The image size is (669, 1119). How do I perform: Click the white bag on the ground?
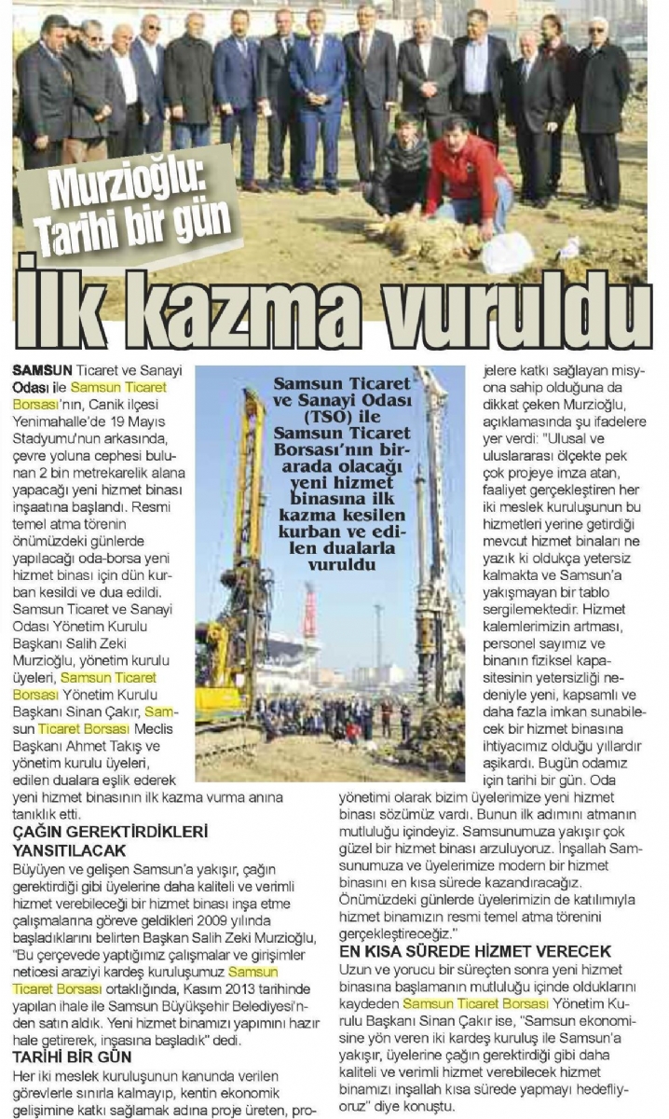click(509, 253)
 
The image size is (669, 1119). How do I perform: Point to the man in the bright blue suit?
click(318, 103)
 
